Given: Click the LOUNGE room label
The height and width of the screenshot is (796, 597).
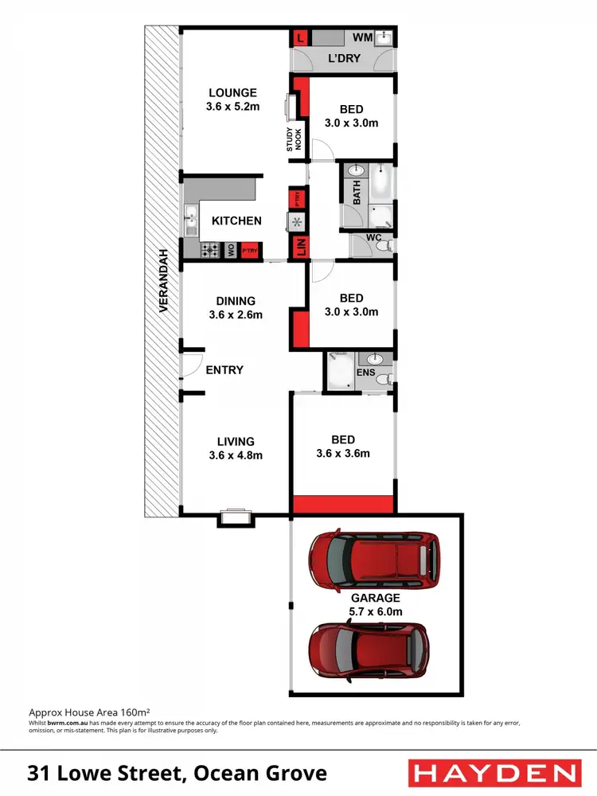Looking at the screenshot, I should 233,92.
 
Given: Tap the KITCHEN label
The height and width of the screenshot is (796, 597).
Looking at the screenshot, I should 236,220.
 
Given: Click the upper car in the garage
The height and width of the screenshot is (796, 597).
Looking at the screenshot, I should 374,557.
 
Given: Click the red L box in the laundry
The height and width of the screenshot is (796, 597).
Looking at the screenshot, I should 300,37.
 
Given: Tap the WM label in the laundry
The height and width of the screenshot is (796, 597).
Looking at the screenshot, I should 362,37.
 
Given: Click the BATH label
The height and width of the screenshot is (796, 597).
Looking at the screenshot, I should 357,193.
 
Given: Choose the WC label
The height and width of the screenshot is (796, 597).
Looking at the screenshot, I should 373,238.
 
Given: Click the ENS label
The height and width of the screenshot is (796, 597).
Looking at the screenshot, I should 365,372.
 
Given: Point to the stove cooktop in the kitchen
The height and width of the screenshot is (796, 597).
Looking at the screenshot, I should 211,250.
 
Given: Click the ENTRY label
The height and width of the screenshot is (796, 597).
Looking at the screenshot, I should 224,369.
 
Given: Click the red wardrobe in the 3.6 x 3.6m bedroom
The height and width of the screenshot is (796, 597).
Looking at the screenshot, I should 343,504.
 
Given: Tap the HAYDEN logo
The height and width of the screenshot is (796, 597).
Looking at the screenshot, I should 493,773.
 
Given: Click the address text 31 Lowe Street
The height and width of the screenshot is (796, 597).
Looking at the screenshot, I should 178,773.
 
